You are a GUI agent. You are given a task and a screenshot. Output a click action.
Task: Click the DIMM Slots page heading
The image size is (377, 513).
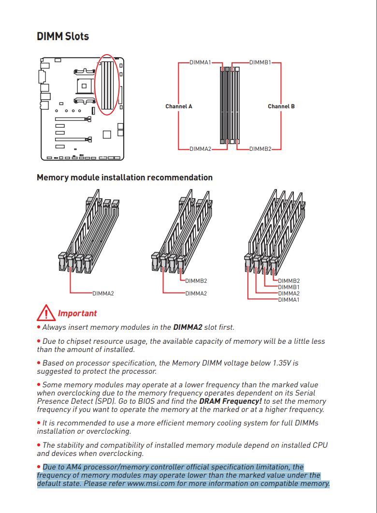click(63, 36)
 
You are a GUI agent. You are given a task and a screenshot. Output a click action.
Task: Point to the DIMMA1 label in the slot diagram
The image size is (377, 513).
click(200, 63)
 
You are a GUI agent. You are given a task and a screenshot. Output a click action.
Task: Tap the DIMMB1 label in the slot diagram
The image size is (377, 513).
click(261, 63)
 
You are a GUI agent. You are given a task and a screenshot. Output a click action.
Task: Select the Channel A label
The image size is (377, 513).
click(179, 106)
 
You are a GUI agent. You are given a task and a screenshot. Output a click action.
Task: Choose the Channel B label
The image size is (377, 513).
click(281, 106)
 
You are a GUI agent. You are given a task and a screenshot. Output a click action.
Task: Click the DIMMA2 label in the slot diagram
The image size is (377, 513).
click(200, 149)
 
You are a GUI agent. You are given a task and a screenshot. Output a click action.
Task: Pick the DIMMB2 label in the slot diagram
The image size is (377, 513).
click(261, 149)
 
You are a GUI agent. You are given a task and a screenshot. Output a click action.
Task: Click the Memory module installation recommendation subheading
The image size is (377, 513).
click(125, 177)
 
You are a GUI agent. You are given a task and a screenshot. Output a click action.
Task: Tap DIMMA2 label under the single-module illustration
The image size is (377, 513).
click(103, 293)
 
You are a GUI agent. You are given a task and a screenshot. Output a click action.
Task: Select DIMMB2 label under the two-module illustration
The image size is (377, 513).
click(196, 281)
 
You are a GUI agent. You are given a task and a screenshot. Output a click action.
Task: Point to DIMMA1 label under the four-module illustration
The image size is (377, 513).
click(289, 299)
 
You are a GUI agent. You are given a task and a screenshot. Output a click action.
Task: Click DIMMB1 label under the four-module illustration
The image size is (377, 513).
click(289, 287)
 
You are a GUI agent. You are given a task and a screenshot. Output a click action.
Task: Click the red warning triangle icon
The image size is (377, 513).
click(46, 313)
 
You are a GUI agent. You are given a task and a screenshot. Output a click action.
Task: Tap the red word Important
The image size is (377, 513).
click(77, 313)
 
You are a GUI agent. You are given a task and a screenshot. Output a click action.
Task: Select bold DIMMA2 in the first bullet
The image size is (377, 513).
click(188, 327)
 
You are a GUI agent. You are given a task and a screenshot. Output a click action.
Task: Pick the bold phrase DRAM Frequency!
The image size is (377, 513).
click(230, 401)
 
